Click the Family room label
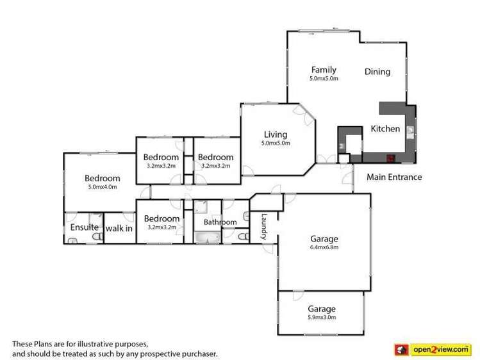[x=324, y=70]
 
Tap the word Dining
[x=377, y=72]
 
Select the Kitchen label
[x=385, y=129]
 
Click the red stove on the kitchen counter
[x=389, y=157]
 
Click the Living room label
[x=276, y=135]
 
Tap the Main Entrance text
[x=394, y=177]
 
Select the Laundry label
[x=263, y=227]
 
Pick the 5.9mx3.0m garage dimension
[x=320, y=317]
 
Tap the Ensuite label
[x=84, y=227]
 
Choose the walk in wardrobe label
[x=119, y=227]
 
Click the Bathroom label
[x=220, y=222]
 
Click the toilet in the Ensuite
[x=96, y=237]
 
